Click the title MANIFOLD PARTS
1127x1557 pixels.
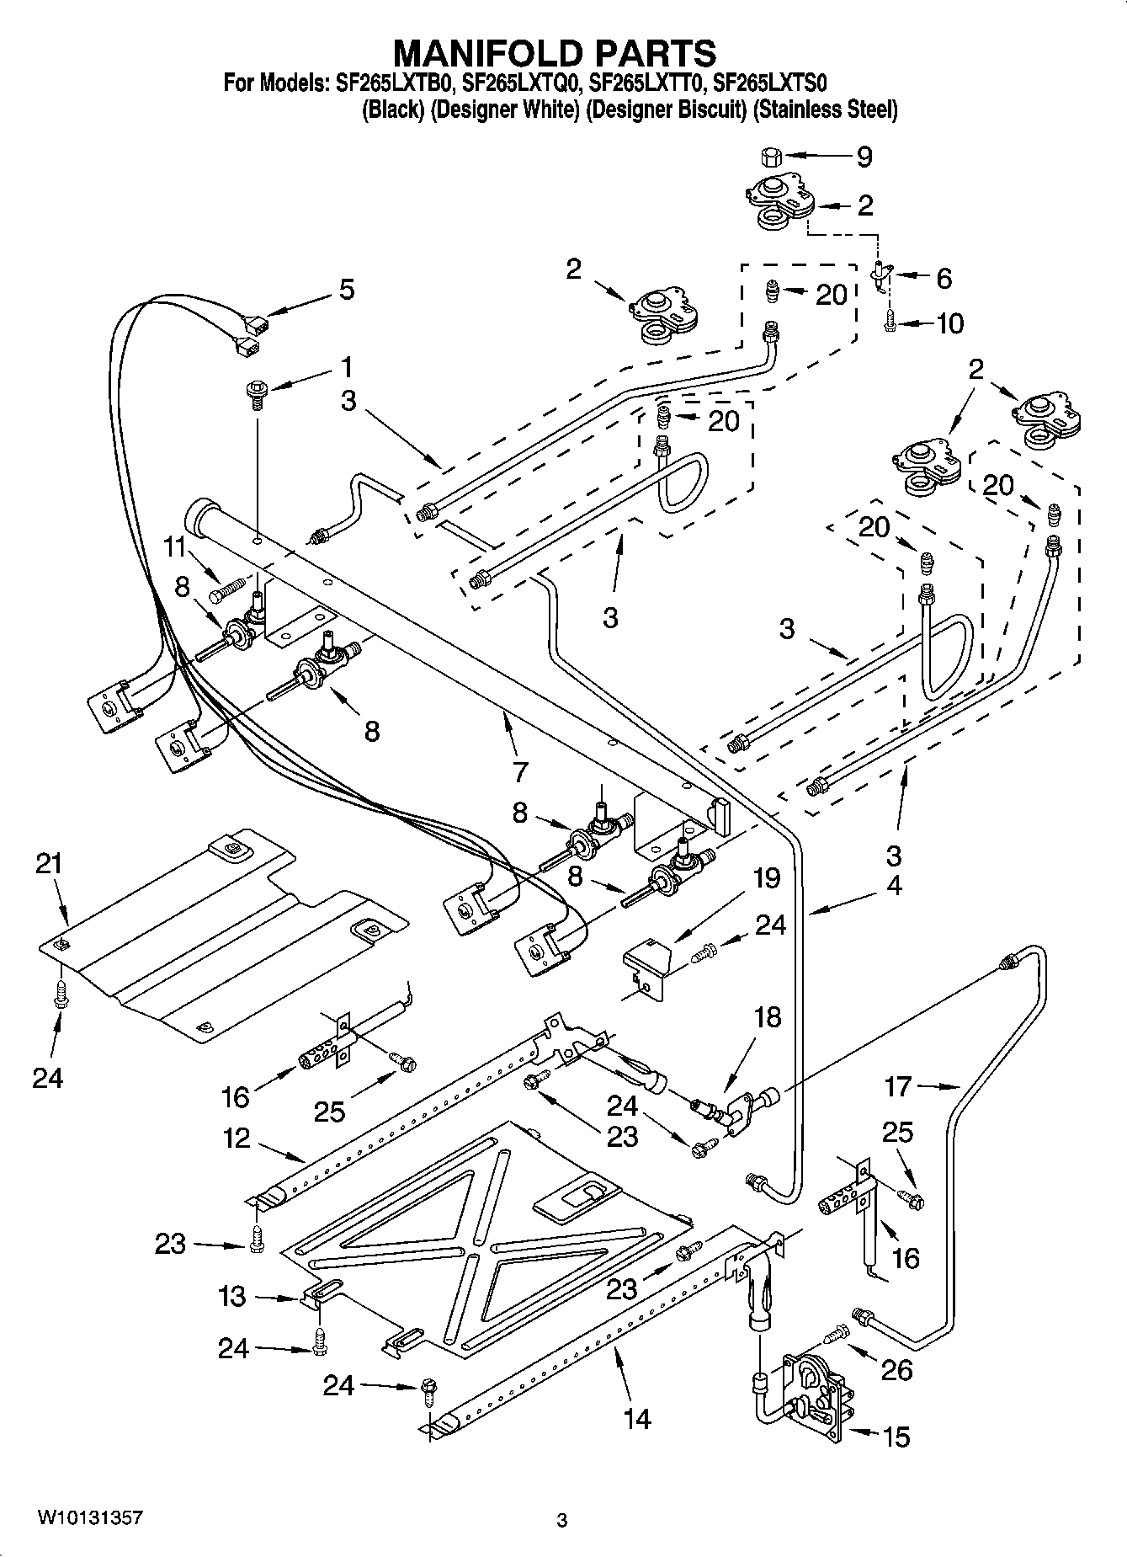pos(555,52)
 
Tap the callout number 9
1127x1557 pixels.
pos(864,157)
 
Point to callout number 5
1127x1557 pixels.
pos(346,290)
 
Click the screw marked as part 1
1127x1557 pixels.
pos(256,393)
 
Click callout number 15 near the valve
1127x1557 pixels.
pos(897,1437)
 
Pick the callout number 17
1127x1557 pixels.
pos(897,1086)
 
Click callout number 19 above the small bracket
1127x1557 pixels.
pos(765,879)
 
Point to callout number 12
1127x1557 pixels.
pos(237,1138)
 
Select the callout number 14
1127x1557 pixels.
pos(638,1419)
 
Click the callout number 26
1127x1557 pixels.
pos(897,1371)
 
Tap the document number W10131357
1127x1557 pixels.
pos(88,1518)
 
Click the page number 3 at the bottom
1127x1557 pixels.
pos(562,1521)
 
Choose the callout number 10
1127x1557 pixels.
pos(949,323)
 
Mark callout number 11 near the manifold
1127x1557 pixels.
pos(174,547)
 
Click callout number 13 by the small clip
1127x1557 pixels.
pos(231,1297)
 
